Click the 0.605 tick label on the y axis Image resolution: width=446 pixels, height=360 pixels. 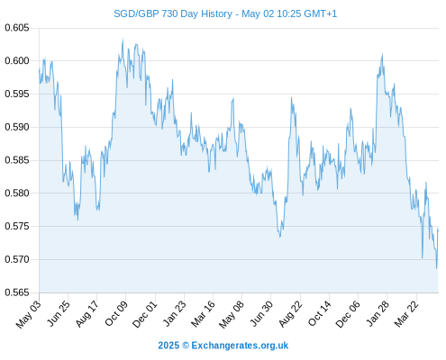tap(17, 28)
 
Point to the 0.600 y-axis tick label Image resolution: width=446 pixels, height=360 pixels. tap(17, 61)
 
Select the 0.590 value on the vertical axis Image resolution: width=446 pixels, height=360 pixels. tap(17, 127)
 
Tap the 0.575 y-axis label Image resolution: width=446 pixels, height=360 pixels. tap(17, 226)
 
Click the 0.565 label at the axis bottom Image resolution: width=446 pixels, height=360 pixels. tap(17, 292)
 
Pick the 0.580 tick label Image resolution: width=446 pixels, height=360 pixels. tap(17, 193)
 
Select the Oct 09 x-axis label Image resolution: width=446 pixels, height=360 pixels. tap(116, 313)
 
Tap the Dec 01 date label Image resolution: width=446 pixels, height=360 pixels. tap(145, 313)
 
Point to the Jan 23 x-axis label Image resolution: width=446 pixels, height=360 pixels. tap(175, 313)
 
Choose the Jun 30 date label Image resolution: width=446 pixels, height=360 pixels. tap(261, 313)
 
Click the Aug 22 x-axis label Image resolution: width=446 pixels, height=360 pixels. tap(290, 313)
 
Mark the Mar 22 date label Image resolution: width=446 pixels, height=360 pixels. tap(406, 313)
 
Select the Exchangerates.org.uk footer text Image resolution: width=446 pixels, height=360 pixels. tap(240, 346)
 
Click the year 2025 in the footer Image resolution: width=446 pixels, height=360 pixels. tap(168, 346)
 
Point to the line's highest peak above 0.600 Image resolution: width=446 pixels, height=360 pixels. tap(123, 39)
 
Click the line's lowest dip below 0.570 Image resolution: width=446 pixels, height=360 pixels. tap(436, 268)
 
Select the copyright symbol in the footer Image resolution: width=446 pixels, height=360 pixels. tap(186, 346)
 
